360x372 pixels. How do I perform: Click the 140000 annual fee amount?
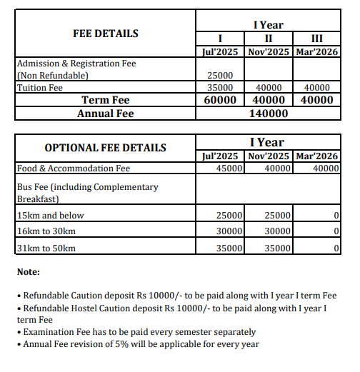point(268,113)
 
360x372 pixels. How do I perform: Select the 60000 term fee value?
point(220,100)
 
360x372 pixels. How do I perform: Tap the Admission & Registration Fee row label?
point(76,64)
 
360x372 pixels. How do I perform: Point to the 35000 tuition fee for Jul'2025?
point(220,88)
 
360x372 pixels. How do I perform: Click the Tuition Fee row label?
point(40,88)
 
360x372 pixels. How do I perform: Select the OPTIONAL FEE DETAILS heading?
point(105,149)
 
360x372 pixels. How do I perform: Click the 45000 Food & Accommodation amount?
point(230,169)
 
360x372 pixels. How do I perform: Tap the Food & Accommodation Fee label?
point(73,169)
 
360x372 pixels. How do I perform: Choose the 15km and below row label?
point(50,215)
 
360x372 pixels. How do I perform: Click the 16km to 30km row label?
point(47,231)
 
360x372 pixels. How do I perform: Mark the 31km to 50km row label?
point(46,248)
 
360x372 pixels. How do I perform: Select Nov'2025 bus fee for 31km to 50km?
point(277,248)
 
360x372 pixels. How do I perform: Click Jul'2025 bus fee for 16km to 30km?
point(230,231)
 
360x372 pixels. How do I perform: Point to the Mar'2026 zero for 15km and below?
point(335,215)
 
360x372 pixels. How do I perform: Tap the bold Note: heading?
point(29,272)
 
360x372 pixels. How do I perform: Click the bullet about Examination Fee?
point(139,332)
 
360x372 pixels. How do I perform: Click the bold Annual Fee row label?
point(105,113)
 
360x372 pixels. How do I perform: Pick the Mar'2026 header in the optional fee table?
point(316,156)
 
